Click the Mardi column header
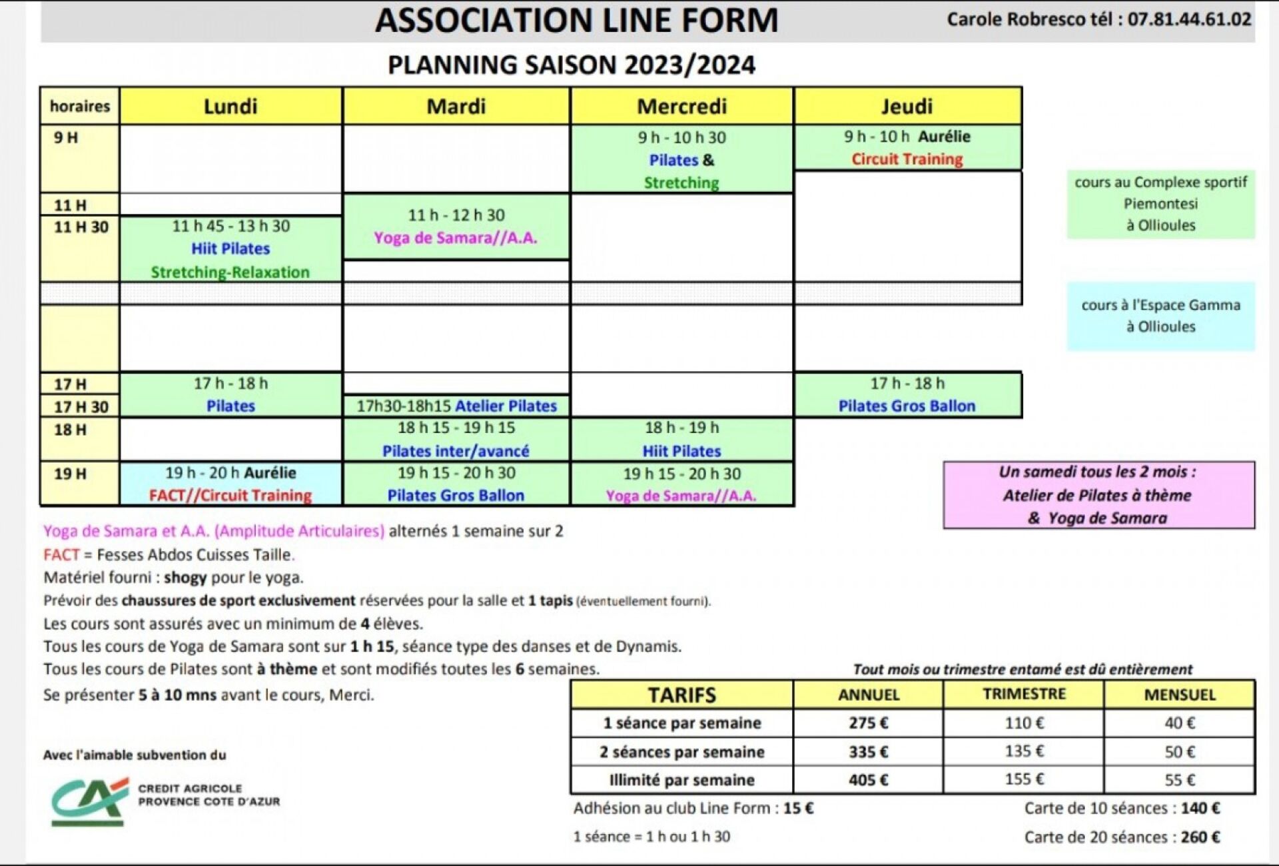click(456, 106)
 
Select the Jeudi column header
click(907, 106)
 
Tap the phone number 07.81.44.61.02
click(1189, 19)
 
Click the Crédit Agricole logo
click(90, 801)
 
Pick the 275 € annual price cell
click(868, 723)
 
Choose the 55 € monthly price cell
click(1179, 779)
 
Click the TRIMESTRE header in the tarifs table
click(1024, 694)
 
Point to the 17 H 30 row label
click(81, 406)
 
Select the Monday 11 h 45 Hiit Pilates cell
click(230, 248)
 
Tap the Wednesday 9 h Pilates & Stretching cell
click(681, 160)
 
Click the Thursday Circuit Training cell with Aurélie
click(907, 148)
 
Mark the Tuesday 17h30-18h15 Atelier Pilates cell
click(456, 406)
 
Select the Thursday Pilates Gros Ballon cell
click(907, 395)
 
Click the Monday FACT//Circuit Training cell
click(230, 484)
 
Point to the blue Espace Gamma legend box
click(1160, 316)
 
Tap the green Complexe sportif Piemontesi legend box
click(1160, 204)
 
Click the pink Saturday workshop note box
click(1098, 495)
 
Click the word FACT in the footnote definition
click(61, 554)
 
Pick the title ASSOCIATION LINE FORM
click(576, 20)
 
